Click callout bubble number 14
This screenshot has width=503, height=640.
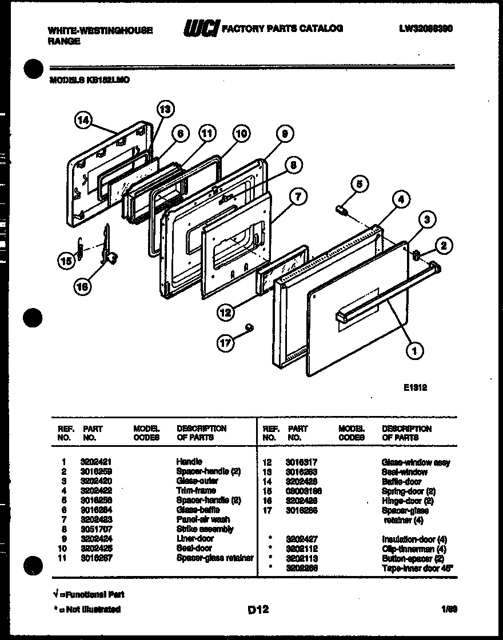[x=83, y=120]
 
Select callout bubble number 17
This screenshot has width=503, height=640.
[x=226, y=343]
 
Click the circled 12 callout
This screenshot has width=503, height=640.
[x=226, y=312]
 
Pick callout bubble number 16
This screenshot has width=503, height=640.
[x=83, y=287]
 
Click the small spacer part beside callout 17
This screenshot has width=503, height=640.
[x=249, y=327]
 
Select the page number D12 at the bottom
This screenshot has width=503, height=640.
[x=258, y=610]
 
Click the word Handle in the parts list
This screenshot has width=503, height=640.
[x=189, y=461]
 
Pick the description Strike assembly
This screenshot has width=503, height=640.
[x=205, y=529]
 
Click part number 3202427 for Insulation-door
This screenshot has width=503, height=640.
[x=302, y=539]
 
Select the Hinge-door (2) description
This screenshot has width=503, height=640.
[x=407, y=501]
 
